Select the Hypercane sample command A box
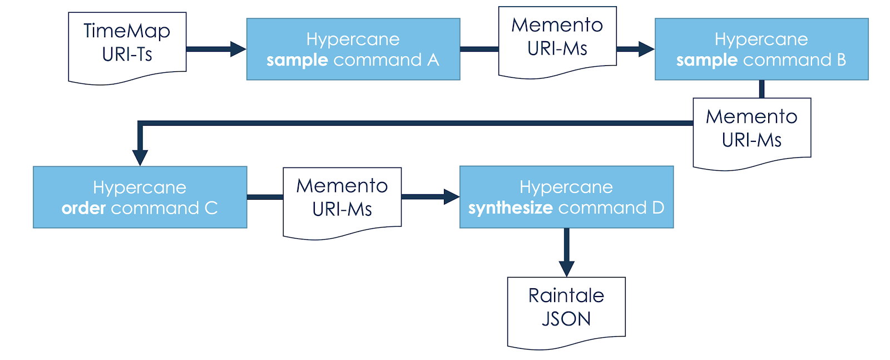tap(353, 49)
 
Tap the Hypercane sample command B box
tap(761, 49)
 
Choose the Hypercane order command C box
tap(140, 197)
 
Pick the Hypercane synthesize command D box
tap(566, 197)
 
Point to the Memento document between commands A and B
tap(557, 39)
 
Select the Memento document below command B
tap(751, 130)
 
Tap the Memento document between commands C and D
tap(342, 200)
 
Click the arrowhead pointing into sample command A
tap(238, 49)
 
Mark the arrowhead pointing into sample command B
tap(646, 49)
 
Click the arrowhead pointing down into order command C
tap(140, 157)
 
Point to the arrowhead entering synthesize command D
tap(451, 196)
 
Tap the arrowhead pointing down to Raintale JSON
tap(566, 269)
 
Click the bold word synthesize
tap(510, 208)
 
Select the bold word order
tap(83, 208)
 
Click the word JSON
tap(566, 319)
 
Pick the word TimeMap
tap(127, 31)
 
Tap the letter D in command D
tap(658, 208)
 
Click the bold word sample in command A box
tap(297, 60)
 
